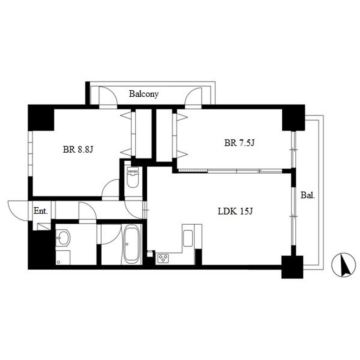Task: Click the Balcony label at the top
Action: [x=144, y=94]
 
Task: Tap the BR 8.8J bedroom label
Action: [x=78, y=149]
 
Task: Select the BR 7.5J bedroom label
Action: [x=239, y=143]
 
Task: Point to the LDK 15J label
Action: [x=235, y=211]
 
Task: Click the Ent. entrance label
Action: [x=41, y=211]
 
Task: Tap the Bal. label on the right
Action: [x=308, y=195]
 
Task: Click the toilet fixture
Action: [x=133, y=177]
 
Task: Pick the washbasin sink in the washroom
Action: [x=63, y=238]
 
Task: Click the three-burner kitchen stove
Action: [x=163, y=258]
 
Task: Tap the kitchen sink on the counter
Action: [x=188, y=238]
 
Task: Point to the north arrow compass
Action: [x=343, y=265]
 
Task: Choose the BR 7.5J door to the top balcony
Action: [x=193, y=96]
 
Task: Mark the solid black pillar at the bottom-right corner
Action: [x=292, y=267]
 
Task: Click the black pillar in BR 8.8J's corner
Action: [x=41, y=118]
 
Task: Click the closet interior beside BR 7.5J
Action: [x=164, y=135]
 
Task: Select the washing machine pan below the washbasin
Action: [x=63, y=258]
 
